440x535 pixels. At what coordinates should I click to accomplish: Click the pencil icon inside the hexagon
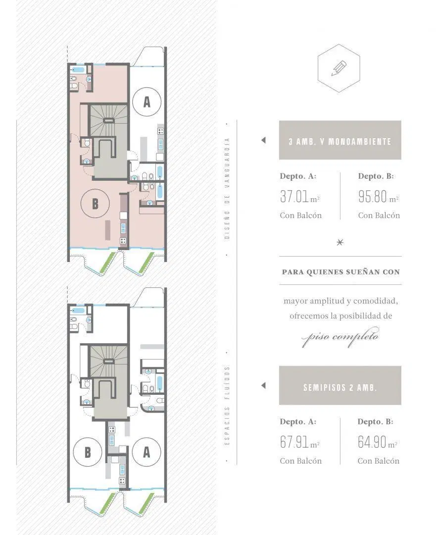click(x=339, y=68)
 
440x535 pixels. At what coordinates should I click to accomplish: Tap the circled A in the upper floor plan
click(x=147, y=102)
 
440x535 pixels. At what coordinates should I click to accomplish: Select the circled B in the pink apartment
click(x=95, y=204)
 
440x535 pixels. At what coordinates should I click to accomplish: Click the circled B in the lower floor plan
click(x=88, y=452)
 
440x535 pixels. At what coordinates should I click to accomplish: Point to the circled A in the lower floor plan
click(x=147, y=452)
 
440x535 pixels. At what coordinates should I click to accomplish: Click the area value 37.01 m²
click(x=300, y=197)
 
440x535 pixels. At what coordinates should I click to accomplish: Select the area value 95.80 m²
click(x=378, y=197)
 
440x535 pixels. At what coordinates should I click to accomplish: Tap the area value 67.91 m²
click(x=300, y=442)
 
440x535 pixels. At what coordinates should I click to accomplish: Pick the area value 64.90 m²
click(x=378, y=442)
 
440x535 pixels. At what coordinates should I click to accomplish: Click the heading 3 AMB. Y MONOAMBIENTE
click(x=340, y=142)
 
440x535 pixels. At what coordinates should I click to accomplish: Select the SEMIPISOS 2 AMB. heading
click(x=340, y=387)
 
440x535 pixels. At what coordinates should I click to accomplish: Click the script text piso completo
click(x=340, y=337)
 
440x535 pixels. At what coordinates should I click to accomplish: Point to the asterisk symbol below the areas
click(x=340, y=242)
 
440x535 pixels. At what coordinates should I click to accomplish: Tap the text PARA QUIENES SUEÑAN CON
click(x=341, y=272)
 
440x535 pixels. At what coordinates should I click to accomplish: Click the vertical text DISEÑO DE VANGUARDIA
click(x=227, y=189)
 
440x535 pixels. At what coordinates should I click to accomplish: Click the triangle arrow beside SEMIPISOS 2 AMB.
click(x=263, y=385)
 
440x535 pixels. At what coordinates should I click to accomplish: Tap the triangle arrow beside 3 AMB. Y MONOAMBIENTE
click(x=263, y=140)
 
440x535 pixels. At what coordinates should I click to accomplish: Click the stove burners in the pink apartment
click(x=123, y=241)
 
